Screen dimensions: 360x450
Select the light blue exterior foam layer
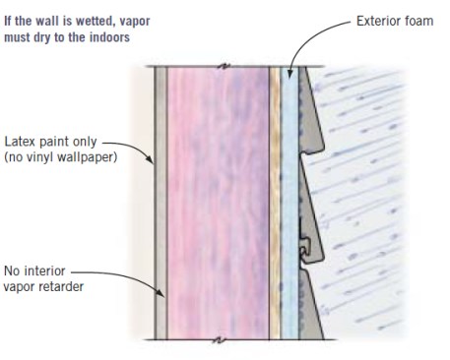click(x=289, y=197)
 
